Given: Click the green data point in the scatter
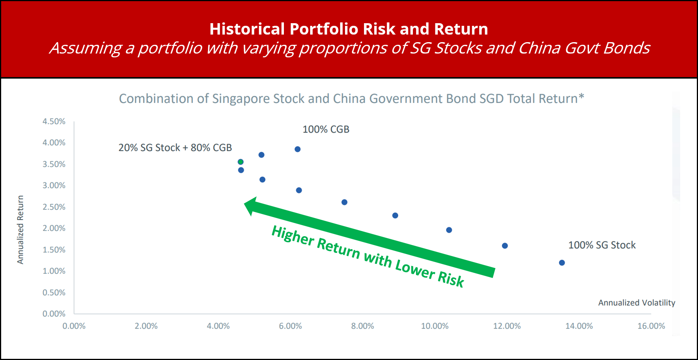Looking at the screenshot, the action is [240, 162].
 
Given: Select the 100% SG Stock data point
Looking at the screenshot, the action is [562, 263].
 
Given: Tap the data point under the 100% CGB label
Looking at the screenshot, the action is [298, 149].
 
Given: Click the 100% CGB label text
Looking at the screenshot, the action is [326, 129].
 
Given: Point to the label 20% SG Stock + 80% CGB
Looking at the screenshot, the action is [175, 148].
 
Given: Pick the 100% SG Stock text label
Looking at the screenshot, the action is [602, 245].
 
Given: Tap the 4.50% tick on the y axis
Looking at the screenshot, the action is [54, 122].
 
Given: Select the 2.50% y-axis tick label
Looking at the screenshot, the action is [54, 207].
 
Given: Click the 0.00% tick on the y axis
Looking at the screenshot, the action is [54, 314].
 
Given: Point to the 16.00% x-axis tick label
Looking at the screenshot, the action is [651, 326].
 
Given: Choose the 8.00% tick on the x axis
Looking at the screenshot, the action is [362, 326].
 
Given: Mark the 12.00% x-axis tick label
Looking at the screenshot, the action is [507, 326].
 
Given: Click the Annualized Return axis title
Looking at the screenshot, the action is [20, 230].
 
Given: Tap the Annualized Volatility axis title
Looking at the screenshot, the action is [637, 303].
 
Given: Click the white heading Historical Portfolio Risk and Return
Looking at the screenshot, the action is [349, 29].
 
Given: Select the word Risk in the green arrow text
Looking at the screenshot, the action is [451, 279].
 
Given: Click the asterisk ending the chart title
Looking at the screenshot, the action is [581, 96].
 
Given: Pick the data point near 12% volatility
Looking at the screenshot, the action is [505, 246].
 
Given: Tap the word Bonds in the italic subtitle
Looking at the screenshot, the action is [627, 48].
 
